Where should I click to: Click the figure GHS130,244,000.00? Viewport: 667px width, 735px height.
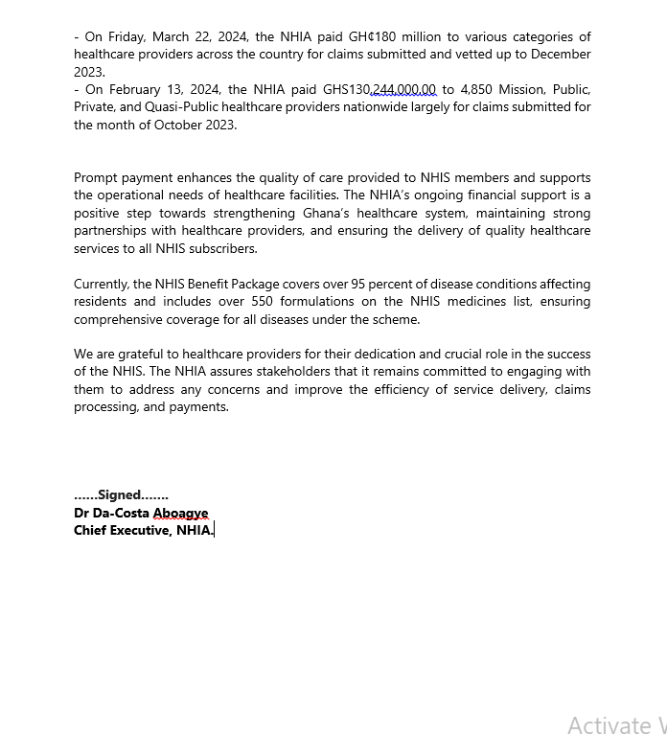[x=379, y=89]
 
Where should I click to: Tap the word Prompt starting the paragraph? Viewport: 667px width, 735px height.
[x=98, y=177]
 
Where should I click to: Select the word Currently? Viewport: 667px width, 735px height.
[x=101, y=284]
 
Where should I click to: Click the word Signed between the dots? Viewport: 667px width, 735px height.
[x=119, y=495]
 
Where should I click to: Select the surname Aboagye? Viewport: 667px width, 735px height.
[x=180, y=513]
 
